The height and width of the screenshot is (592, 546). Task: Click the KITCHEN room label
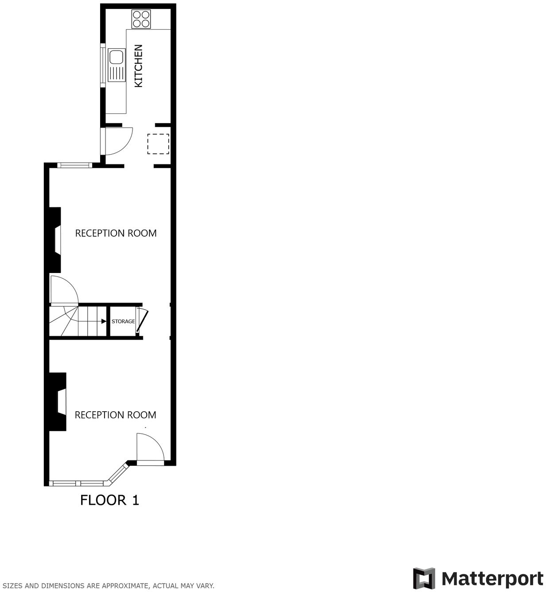coord(138,66)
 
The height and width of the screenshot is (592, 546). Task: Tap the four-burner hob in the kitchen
coord(142,19)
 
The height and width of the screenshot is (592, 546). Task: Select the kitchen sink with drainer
coord(117,65)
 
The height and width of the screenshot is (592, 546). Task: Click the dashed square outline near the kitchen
coord(158,144)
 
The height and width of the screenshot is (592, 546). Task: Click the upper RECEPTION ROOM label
coord(116,233)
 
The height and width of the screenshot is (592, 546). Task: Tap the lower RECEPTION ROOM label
coord(115,415)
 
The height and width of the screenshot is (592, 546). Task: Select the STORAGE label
coord(123,321)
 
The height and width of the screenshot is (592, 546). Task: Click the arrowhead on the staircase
coord(103,321)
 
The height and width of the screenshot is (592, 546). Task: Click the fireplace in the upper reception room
coord(55,240)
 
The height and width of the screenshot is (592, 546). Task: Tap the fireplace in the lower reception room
coord(58,401)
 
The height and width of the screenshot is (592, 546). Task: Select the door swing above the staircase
coord(64,290)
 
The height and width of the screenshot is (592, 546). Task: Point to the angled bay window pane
coord(117,472)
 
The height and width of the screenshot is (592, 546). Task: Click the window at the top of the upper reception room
coord(74,166)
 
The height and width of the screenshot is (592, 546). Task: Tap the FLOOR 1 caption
coord(109,500)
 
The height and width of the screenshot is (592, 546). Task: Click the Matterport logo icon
coord(424,579)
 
